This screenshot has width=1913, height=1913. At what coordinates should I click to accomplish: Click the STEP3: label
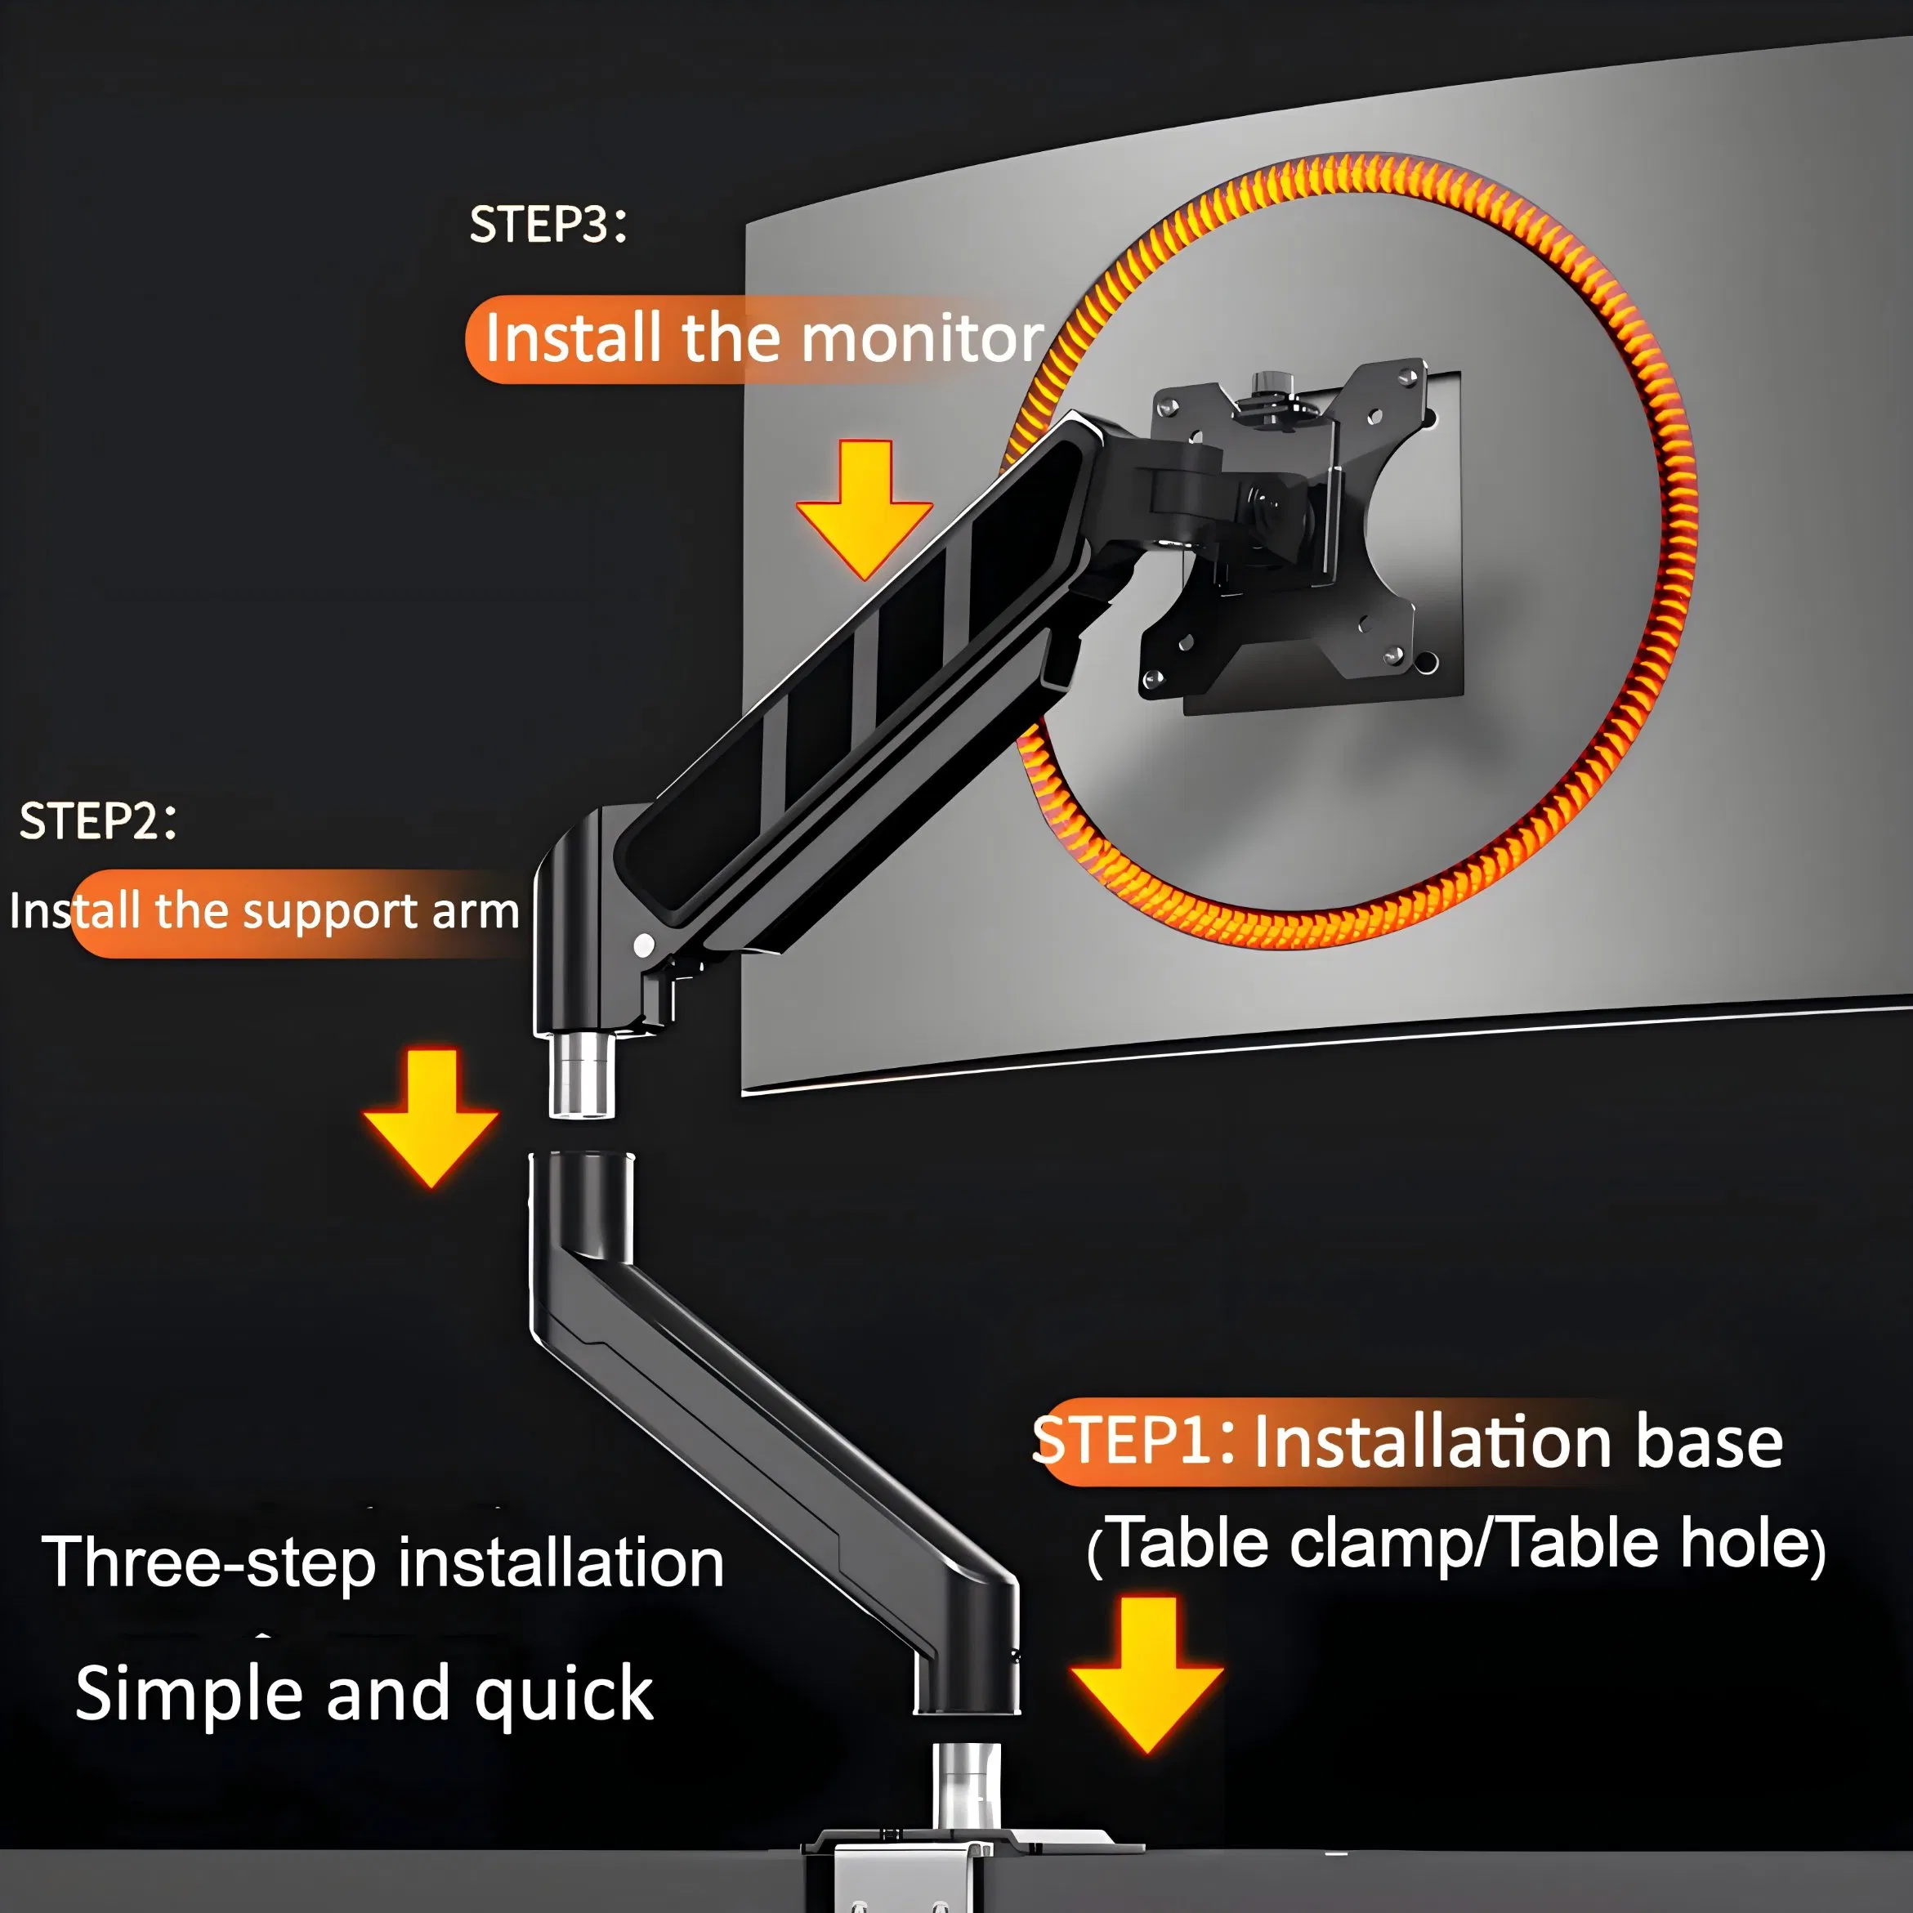coord(548,225)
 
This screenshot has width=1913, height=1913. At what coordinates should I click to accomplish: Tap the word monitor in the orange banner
coord(922,338)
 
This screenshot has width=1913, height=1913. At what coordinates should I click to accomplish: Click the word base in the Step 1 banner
coord(1709,1442)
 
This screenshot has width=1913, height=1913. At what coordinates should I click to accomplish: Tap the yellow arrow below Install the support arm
coord(431,1118)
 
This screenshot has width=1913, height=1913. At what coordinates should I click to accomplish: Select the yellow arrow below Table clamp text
coord(1146,1674)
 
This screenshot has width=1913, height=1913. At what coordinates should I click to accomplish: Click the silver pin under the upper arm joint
coord(582,1075)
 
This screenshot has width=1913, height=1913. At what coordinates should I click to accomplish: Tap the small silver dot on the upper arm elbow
coord(644,945)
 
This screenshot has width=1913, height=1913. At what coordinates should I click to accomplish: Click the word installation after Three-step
coord(561,1562)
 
